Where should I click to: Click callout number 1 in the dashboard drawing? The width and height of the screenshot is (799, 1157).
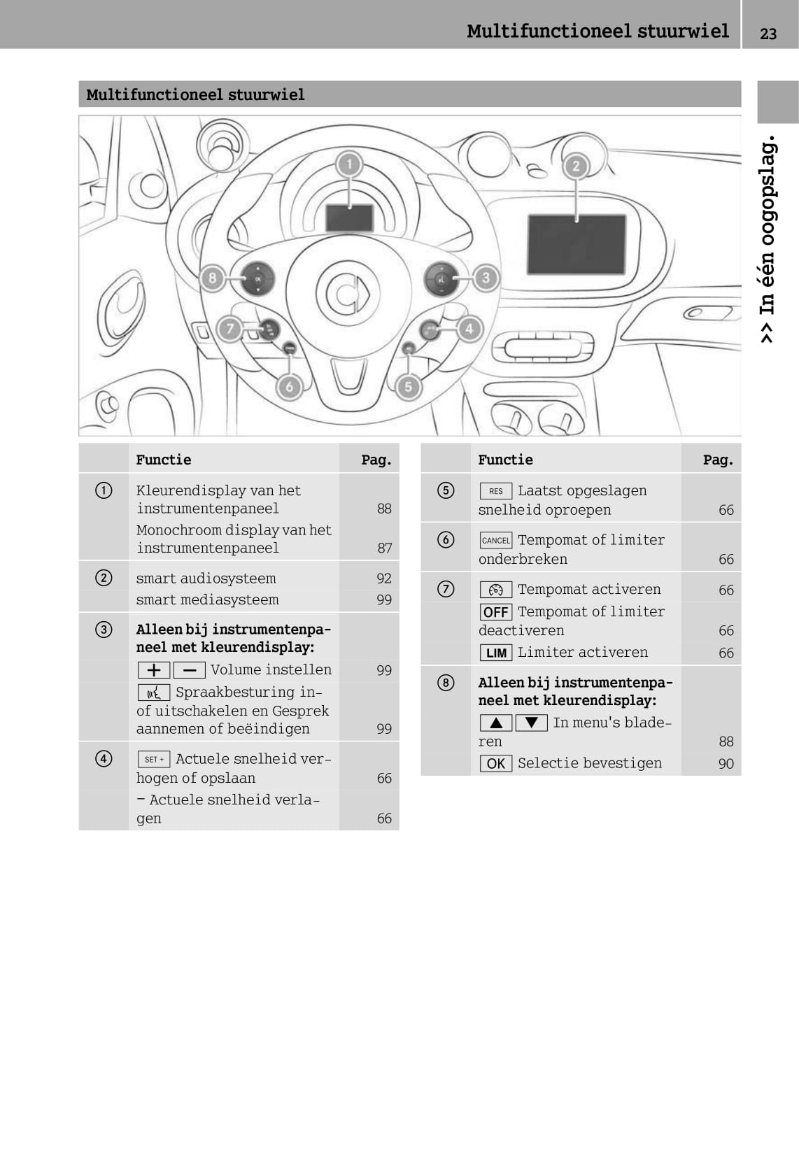[349, 165]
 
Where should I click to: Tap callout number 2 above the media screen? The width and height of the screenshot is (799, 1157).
[576, 166]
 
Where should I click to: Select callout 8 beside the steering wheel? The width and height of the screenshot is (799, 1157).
[212, 278]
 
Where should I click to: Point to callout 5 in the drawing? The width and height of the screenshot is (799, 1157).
[408, 387]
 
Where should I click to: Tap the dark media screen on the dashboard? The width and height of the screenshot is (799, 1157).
[577, 244]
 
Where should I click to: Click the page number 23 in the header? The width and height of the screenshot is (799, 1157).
[768, 34]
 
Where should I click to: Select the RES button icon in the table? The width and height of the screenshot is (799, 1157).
[496, 490]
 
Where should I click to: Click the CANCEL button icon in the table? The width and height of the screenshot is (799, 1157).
[496, 540]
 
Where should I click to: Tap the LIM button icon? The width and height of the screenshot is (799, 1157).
[496, 653]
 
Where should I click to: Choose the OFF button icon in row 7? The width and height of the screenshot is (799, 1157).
[496, 612]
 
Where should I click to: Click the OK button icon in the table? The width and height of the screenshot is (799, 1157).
[496, 763]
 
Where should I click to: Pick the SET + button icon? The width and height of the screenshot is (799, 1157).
[154, 759]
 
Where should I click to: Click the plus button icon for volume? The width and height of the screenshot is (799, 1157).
[154, 670]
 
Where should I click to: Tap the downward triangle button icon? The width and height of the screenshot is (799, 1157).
[532, 723]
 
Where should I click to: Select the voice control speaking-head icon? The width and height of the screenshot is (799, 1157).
[154, 693]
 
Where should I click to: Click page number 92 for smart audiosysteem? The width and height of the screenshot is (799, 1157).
[383, 578]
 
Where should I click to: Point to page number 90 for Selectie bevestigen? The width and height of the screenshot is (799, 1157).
[726, 764]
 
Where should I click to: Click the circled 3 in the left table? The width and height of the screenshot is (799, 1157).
[104, 630]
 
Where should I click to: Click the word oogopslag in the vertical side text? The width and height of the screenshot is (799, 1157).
[768, 191]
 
